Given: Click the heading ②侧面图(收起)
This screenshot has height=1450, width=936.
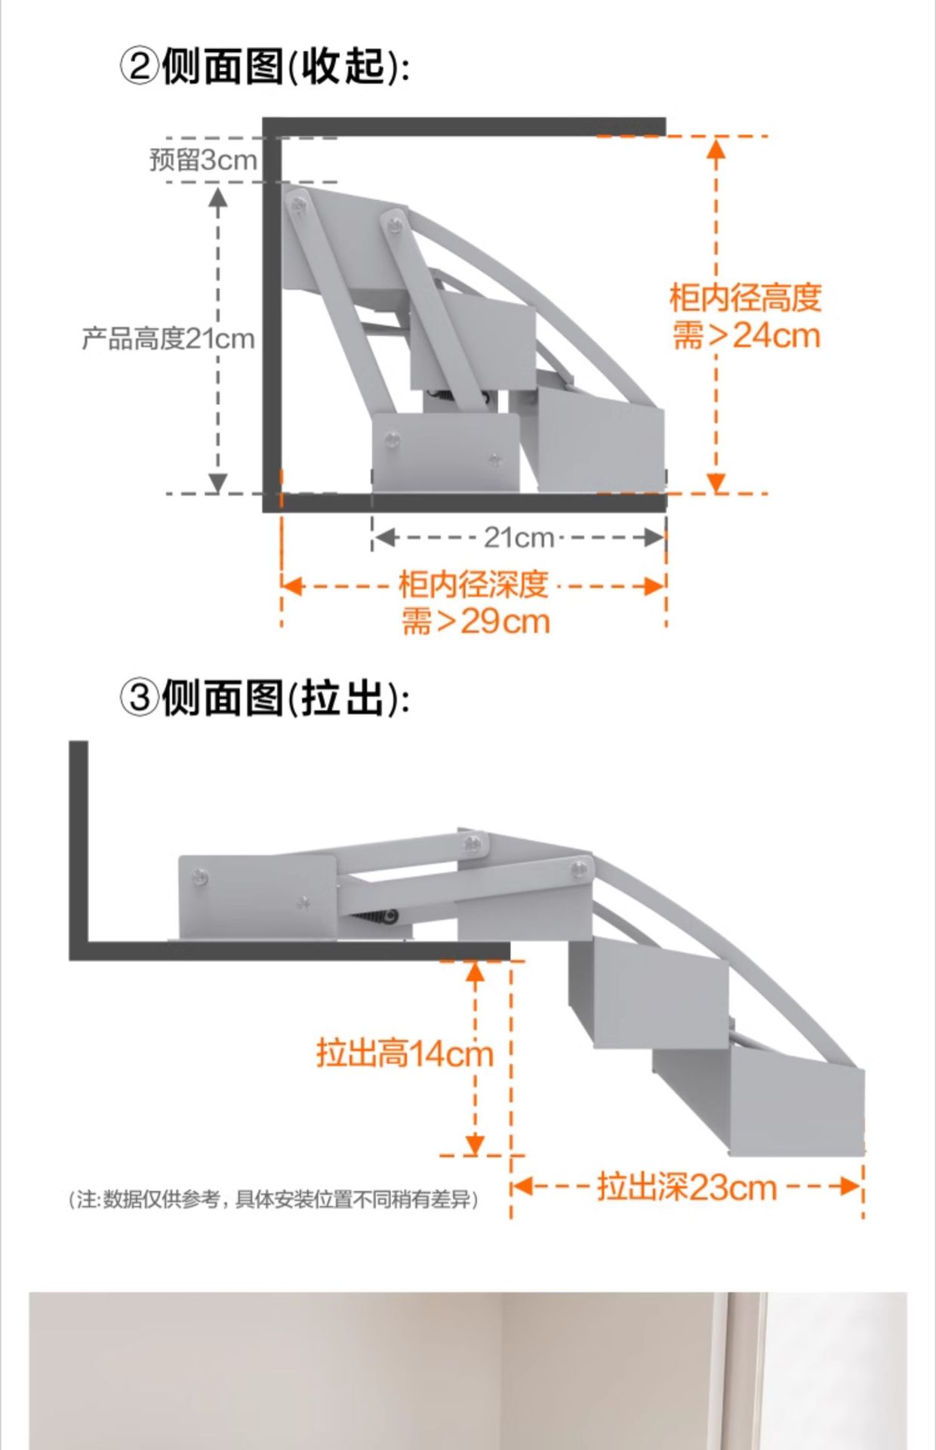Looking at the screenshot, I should click(264, 66).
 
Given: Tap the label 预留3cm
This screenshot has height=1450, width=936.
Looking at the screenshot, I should click(203, 160).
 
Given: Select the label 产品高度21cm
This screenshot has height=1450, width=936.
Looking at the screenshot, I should click(168, 338).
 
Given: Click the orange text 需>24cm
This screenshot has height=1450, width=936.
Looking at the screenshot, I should click(746, 335).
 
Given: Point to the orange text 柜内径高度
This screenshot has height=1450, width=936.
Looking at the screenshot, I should click(745, 298).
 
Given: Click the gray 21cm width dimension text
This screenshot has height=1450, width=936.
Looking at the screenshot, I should click(519, 538).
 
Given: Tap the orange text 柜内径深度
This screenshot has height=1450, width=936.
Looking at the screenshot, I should click(473, 585).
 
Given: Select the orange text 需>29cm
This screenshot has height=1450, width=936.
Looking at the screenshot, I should click(476, 622).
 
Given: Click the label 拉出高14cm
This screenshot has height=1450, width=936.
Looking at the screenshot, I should click(405, 1053).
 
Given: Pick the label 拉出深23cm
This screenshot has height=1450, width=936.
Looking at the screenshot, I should click(687, 1186).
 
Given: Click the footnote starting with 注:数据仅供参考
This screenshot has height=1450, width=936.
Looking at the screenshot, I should click(273, 1199).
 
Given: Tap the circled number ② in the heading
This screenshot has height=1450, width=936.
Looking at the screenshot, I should click(139, 66).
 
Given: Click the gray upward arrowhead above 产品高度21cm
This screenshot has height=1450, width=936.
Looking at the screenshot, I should click(218, 198).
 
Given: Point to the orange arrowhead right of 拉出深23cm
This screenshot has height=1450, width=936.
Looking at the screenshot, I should click(850, 1186).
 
